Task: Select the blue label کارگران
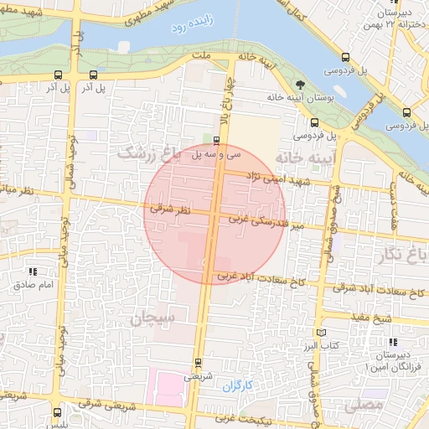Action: tap(238, 385)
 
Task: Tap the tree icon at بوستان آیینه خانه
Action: tap(300, 83)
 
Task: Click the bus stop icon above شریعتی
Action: tap(197, 363)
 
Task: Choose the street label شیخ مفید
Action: tap(395, 318)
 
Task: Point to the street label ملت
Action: tap(199, 55)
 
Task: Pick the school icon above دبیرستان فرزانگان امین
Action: tap(393, 342)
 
